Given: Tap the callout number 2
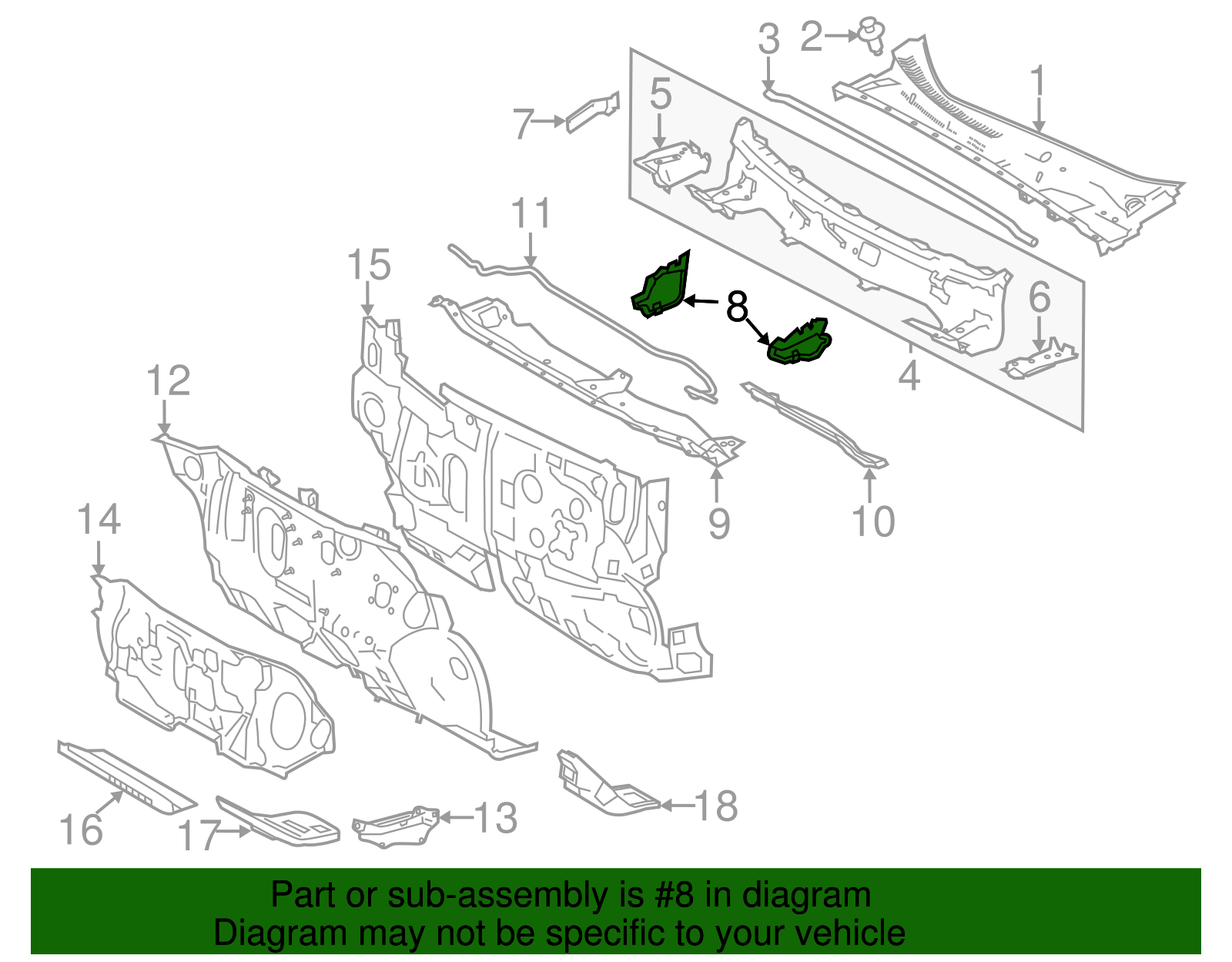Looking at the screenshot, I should (x=812, y=36).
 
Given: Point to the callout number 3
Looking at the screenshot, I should (x=768, y=39).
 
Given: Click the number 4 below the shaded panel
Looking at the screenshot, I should (x=909, y=375).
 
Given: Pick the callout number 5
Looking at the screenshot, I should (x=660, y=94).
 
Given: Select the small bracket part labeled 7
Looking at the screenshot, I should (x=593, y=112).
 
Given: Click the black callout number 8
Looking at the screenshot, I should (x=737, y=307).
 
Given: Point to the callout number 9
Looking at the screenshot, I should (x=718, y=523).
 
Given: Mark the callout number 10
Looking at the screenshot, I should (x=873, y=521).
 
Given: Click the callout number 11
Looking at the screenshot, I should (x=531, y=213).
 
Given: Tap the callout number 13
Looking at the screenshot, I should (x=494, y=817).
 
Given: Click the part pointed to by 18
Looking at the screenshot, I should (x=604, y=786).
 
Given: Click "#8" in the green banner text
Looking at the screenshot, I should (x=675, y=896).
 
